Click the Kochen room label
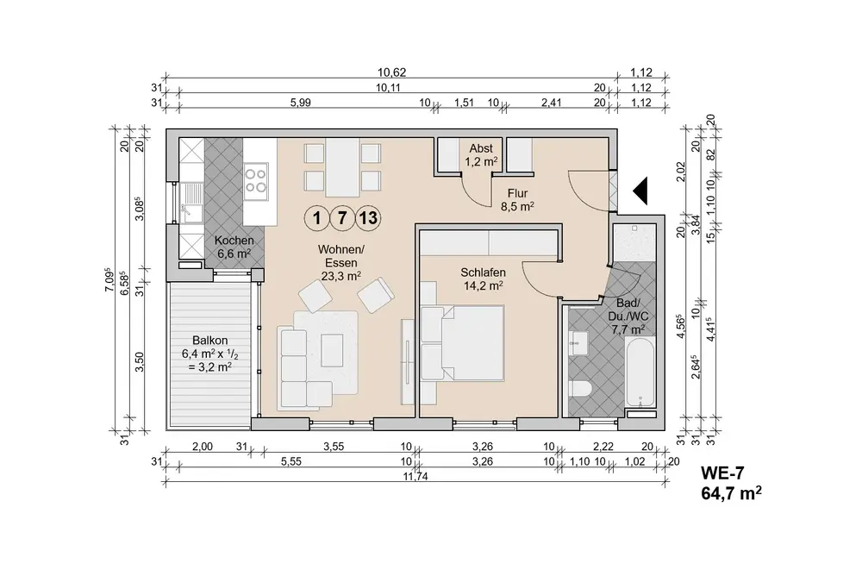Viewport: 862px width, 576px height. coord(234,241)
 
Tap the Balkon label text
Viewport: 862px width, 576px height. coord(210,341)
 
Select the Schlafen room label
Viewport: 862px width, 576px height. coord(483,272)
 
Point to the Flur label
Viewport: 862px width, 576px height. coord(517,194)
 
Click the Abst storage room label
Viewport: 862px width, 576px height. coord(481,148)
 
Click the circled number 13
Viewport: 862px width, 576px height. coord(368,218)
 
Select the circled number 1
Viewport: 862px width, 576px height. coord(316,218)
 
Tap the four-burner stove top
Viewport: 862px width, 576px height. coord(256,179)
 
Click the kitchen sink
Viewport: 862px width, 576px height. coord(190,203)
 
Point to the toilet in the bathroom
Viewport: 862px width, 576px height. coord(580,389)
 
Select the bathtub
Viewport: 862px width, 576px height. coord(640,373)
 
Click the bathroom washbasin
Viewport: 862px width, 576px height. coord(579,344)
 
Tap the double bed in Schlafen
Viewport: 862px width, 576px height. coord(462,344)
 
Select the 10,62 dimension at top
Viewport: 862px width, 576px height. coord(391,72)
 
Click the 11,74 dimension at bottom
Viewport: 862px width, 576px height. coord(415,477)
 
